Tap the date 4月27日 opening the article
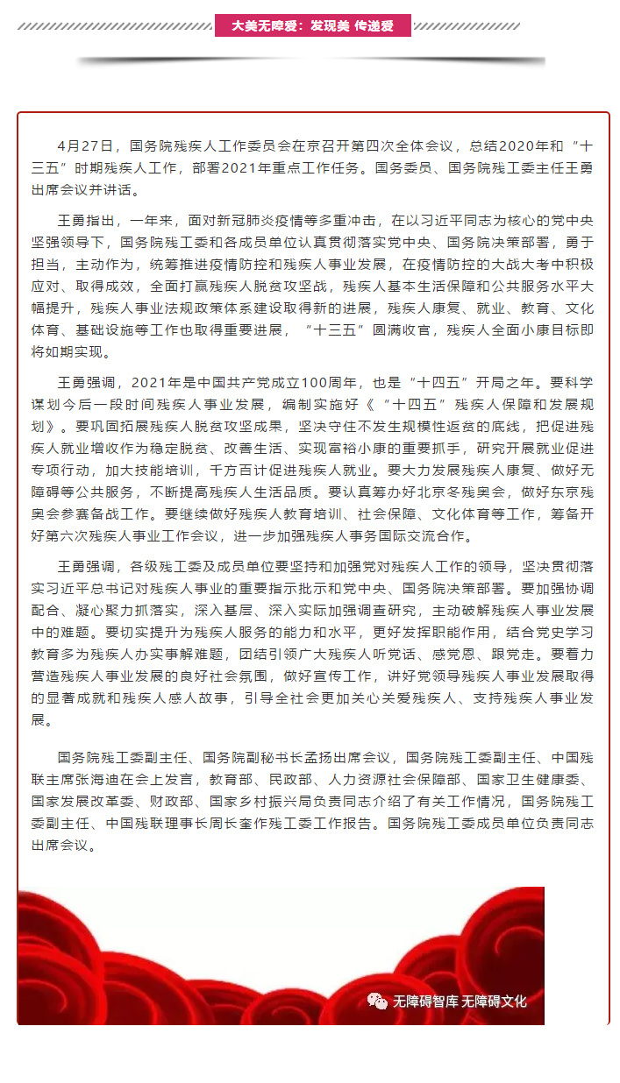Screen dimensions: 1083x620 pos(84,145)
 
